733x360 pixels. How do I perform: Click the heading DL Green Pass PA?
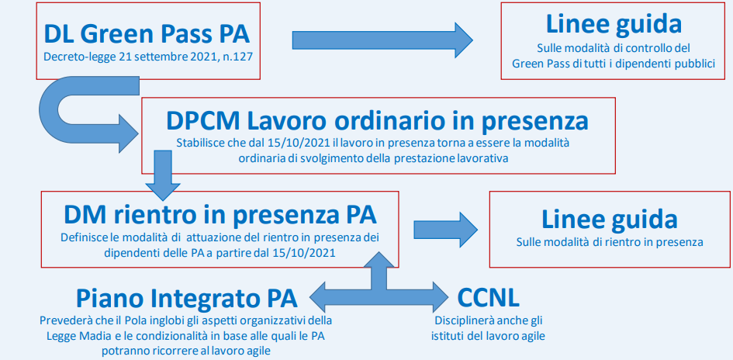click(x=147, y=33)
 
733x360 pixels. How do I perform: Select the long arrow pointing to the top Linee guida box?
click(x=382, y=40)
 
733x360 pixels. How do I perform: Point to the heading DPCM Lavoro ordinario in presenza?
click(x=377, y=120)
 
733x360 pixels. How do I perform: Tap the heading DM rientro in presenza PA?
click(x=220, y=215)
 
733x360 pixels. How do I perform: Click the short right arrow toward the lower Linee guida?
click(x=445, y=230)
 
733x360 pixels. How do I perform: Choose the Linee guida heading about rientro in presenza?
click(x=610, y=220)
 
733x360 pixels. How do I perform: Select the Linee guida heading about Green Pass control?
click(x=614, y=24)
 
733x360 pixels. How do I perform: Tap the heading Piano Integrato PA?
click(x=186, y=298)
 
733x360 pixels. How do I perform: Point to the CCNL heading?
click(x=488, y=297)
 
